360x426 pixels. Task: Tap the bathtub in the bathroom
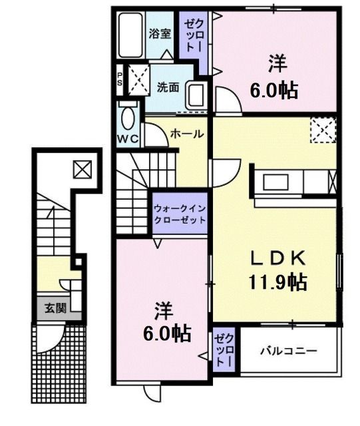[x=130, y=37]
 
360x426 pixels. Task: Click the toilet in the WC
[x=128, y=117]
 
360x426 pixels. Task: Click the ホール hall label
[x=187, y=134]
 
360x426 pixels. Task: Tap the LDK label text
[x=277, y=257]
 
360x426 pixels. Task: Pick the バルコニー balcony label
[x=288, y=351]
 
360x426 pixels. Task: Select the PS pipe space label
[x=120, y=79]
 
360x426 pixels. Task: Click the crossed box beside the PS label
[x=136, y=79]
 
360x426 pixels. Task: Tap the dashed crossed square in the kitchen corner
[x=323, y=129]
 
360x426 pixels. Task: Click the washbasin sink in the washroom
[x=196, y=95]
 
